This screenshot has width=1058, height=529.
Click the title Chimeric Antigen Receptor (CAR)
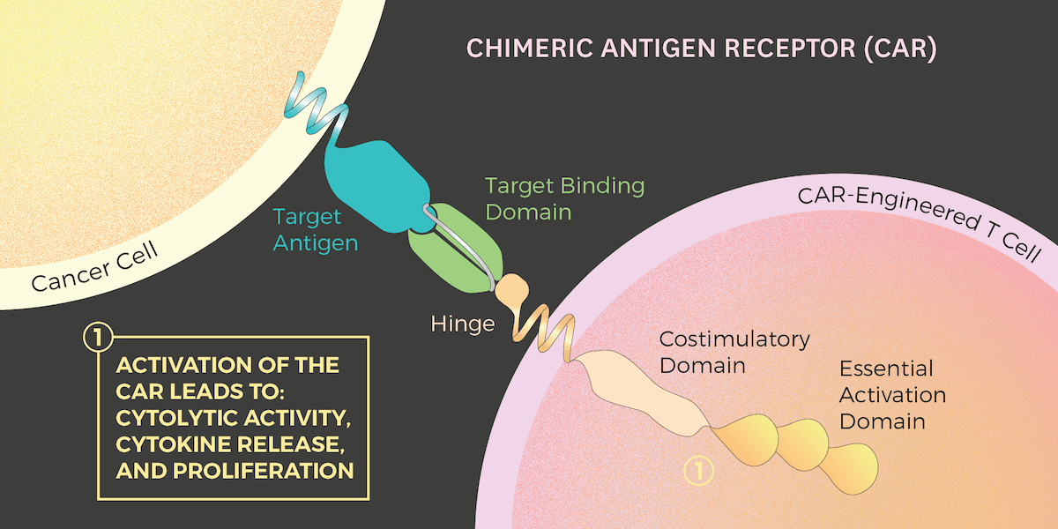click(701, 48)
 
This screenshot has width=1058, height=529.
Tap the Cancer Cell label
click(94, 266)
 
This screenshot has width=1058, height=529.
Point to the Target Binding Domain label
click(564, 199)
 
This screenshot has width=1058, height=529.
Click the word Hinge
click(462, 324)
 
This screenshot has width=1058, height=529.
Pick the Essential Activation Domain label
click(892, 394)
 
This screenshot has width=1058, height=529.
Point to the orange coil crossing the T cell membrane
click(546, 332)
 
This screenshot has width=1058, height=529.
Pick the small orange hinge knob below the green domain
click(509, 289)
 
